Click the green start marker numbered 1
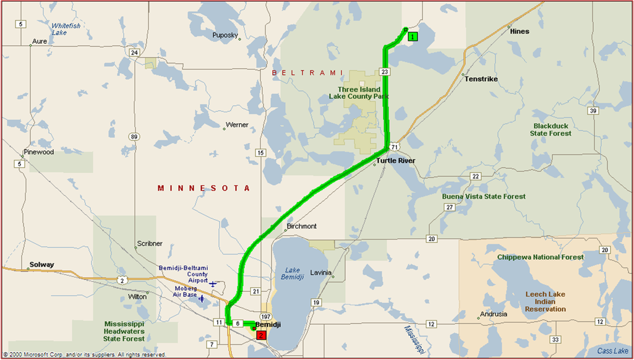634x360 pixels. pos(413,36)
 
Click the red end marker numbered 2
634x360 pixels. pos(261,335)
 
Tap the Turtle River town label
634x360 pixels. pos(395,161)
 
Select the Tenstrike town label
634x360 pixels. pos(481,79)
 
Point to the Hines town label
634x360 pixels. pos(520,32)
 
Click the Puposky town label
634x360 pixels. pos(225,35)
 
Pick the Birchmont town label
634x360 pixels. pos(302,226)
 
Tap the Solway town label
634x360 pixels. pos(41,265)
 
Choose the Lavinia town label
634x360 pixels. pos(322,273)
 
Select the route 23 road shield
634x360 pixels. pos(385,72)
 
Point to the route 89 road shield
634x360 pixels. pos(134,136)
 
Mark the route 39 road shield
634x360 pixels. pos(593,111)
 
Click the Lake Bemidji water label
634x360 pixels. pos(294,273)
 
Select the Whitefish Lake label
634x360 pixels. pos(66,29)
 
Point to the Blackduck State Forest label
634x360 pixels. pos(550,129)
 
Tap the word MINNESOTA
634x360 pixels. pos(203,188)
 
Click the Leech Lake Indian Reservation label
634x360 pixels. pos(545,301)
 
